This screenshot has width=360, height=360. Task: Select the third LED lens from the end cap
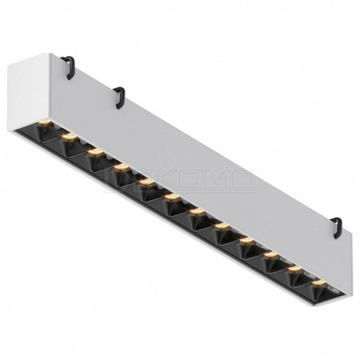[x=94, y=150]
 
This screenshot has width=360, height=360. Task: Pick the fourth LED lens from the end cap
[x=121, y=166]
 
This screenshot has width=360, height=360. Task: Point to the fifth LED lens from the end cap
[x=146, y=182]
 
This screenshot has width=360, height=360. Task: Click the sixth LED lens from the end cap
[x=171, y=197]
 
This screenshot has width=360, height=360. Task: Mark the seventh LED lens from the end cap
[x=196, y=212]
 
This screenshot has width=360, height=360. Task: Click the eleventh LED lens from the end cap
[x=295, y=270]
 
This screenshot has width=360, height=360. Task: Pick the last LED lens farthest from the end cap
[x=319, y=283]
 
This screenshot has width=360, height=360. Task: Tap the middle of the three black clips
[x=120, y=97]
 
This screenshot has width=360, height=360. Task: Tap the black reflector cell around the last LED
[x=318, y=290]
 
